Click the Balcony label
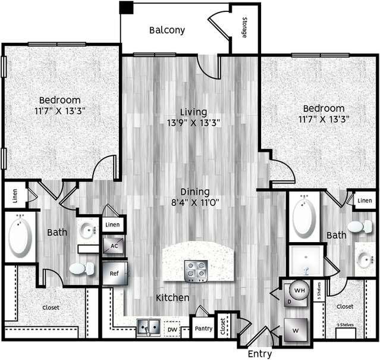point(167,30)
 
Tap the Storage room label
point(244,27)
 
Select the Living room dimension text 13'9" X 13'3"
point(194,123)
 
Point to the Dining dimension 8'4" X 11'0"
point(195,202)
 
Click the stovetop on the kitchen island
point(196,271)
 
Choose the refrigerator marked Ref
point(115,274)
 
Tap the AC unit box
point(114,246)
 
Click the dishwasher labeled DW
point(172,329)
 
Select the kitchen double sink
point(148,327)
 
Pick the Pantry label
point(203,328)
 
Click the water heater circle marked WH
point(300,290)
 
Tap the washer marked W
point(296,330)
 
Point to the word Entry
point(260,354)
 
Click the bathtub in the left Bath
point(20,236)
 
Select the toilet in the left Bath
point(81,268)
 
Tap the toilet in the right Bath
point(360,227)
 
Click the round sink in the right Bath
point(365,259)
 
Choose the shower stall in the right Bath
point(306,261)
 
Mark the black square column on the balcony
point(126,8)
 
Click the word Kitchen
point(172,298)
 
